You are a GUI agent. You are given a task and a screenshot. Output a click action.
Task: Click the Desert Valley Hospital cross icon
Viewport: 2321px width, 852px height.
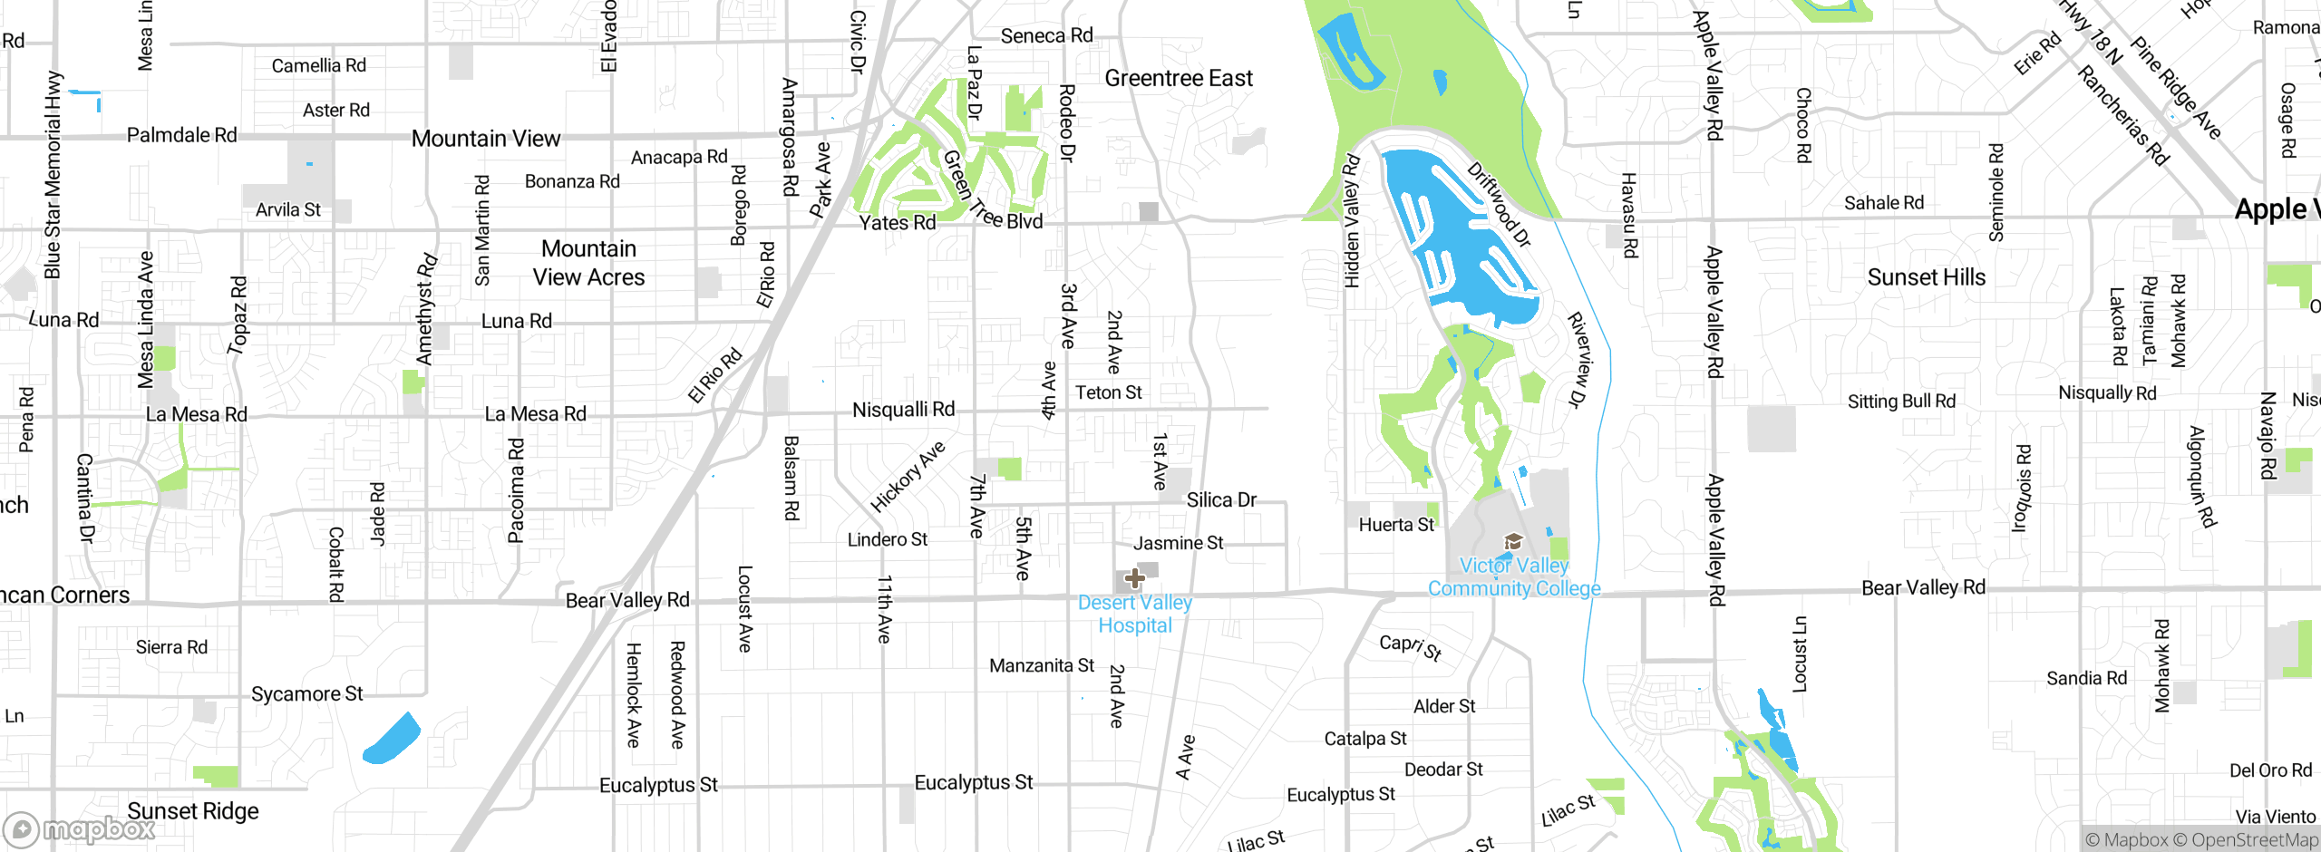pos(1134,578)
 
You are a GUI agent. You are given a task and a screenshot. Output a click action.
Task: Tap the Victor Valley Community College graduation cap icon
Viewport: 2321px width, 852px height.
pos(1512,542)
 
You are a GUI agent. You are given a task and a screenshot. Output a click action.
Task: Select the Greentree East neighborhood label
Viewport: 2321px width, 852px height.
pos(1178,79)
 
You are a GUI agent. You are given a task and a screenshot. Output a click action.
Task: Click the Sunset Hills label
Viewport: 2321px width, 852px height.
pos(1926,277)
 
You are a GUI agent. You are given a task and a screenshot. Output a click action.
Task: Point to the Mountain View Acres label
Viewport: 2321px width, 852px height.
pos(588,263)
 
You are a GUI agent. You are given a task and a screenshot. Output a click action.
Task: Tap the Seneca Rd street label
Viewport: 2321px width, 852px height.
pos(1046,35)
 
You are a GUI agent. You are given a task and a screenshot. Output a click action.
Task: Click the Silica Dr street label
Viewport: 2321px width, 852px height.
pos(1221,499)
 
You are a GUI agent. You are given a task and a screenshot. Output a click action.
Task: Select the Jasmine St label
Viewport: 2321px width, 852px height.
pos(1178,543)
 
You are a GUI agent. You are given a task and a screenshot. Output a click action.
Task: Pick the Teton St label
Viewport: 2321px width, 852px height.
pos(1108,392)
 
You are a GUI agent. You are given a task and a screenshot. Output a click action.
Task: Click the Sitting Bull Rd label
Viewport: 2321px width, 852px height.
pos(1901,401)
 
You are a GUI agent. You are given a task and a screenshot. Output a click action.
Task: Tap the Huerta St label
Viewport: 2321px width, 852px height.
pos(1396,525)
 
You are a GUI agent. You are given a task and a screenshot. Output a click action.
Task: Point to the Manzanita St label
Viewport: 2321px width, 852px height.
pos(1041,665)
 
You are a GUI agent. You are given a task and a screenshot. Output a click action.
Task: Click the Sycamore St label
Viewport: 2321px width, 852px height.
pos(306,694)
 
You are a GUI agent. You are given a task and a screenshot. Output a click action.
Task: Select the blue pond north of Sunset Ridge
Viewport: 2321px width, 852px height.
pos(393,739)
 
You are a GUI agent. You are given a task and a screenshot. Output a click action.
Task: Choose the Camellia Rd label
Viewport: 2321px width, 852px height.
pos(318,65)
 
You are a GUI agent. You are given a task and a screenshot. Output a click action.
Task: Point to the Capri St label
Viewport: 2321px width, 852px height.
pos(1410,646)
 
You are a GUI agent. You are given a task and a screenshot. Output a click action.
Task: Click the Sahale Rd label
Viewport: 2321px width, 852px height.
pos(1883,203)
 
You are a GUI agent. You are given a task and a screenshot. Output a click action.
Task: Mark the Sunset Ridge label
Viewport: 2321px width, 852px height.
pos(192,811)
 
